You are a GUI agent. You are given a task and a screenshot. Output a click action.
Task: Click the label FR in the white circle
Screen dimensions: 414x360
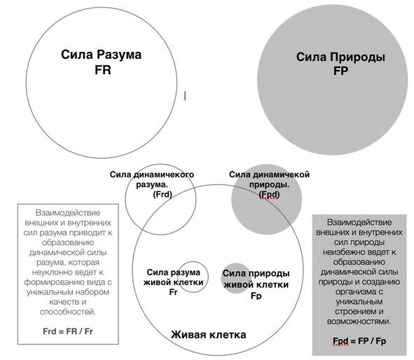(x=103, y=70)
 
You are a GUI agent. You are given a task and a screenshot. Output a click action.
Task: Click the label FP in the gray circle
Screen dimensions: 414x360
(x=340, y=71)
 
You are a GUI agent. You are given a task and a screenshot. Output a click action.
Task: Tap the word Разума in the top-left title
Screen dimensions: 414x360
(x=119, y=55)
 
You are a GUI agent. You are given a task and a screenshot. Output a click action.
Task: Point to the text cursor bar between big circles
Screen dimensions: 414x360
(x=185, y=95)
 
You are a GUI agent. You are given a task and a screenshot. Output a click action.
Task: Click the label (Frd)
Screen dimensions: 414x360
(x=163, y=195)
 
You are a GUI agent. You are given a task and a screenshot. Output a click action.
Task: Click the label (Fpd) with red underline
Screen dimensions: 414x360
(x=269, y=195)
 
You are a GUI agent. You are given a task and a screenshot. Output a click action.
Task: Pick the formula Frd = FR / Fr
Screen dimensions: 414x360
(x=68, y=331)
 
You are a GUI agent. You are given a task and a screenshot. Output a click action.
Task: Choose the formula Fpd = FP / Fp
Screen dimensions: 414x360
(x=359, y=341)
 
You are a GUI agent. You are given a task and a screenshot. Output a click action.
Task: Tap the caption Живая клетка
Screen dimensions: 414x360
(x=209, y=335)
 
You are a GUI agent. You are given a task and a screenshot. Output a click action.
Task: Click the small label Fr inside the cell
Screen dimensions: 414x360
(x=173, y=292)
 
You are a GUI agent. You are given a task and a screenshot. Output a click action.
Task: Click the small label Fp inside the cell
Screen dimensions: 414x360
(x=256, y=296)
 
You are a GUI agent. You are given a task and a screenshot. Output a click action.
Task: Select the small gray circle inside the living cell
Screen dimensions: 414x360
(x=236, y=278)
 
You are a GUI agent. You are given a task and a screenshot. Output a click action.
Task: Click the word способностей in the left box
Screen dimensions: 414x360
(x=68, y=312)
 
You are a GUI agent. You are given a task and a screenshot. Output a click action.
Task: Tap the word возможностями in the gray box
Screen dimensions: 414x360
(x=359, y=321)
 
